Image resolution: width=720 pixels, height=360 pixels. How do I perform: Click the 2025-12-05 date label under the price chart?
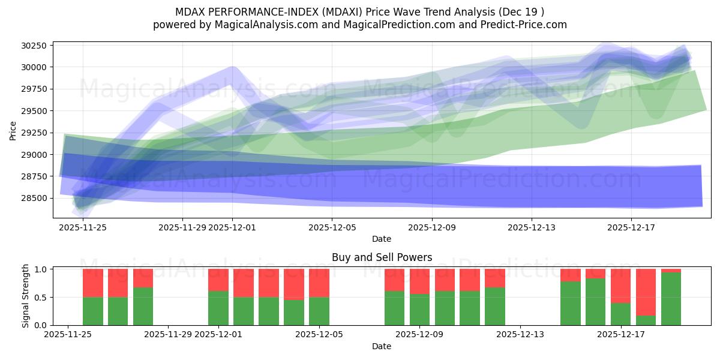[332, 227]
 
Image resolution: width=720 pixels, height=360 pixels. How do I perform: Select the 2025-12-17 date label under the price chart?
[631, 227]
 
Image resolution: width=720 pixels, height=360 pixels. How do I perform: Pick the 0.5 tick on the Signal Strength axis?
[41, 298]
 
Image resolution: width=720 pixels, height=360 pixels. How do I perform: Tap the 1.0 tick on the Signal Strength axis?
[41, 269]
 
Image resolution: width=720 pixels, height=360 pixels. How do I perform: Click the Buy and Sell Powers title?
[382, 257]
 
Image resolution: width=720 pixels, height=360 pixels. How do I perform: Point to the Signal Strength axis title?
[25, 297]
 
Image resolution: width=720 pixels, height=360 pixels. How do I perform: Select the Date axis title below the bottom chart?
[382, 346]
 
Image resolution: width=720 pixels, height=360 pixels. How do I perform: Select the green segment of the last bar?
[671, 299]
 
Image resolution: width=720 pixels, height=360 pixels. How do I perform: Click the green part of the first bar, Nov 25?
[93, 311]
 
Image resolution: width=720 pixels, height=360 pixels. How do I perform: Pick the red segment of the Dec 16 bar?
[595, 274]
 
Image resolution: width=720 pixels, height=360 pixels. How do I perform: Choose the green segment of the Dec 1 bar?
[218, 308]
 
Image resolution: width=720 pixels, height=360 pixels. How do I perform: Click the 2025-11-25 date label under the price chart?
[83, 227]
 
